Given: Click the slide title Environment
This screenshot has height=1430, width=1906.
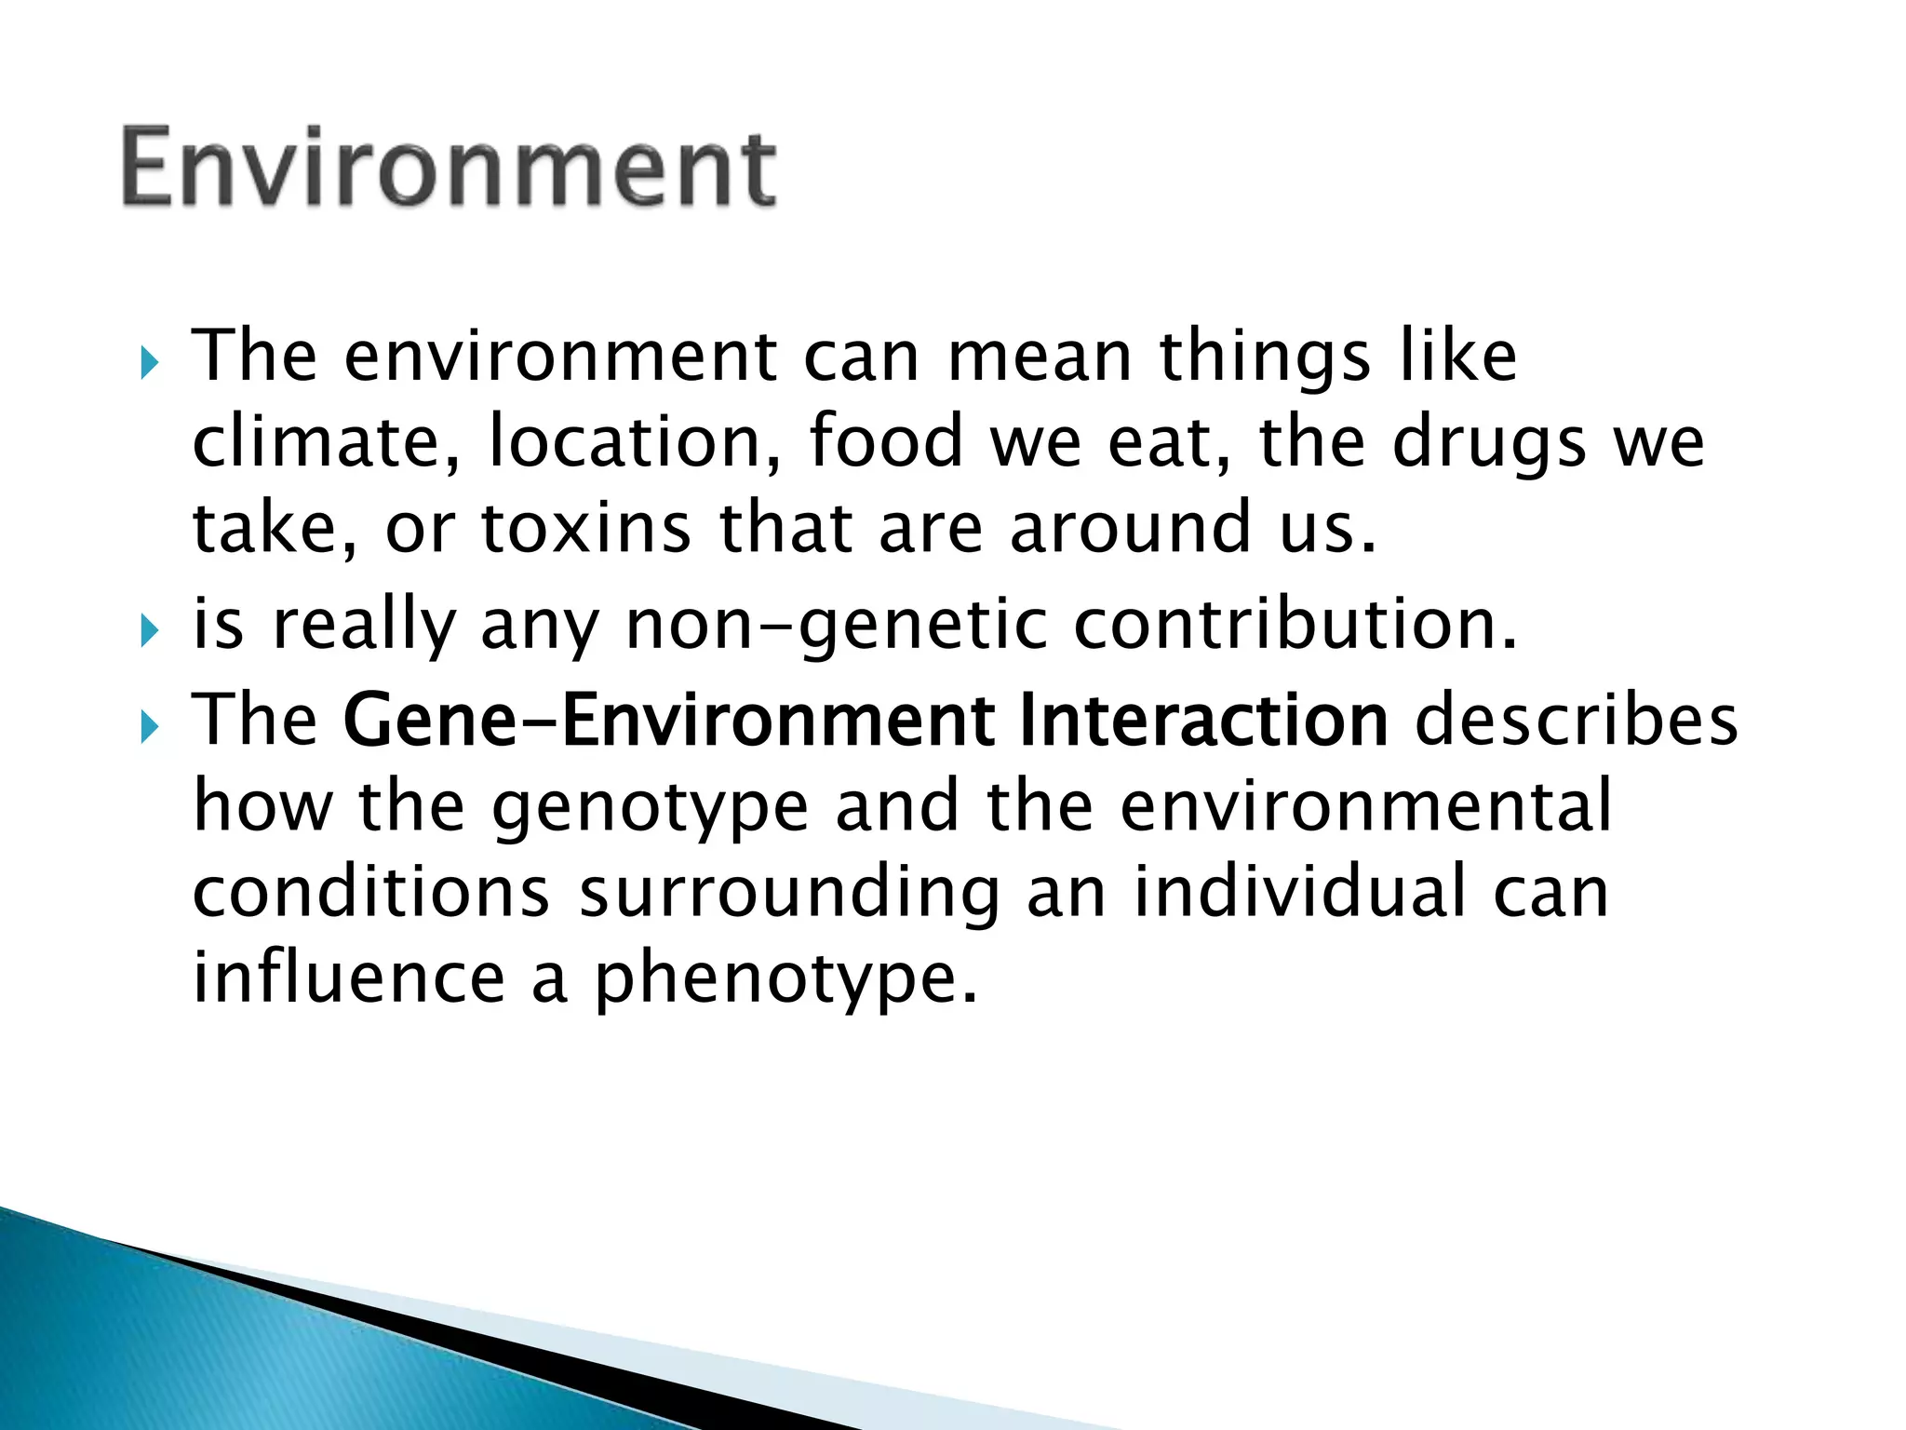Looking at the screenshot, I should [448, 168].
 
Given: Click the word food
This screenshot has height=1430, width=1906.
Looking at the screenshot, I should [885, 441].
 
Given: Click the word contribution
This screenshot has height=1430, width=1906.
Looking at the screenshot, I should [1295, 624].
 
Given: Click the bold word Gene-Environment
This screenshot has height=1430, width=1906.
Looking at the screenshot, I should [670, 721].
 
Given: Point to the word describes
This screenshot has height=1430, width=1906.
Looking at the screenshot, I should [1577, 721].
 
